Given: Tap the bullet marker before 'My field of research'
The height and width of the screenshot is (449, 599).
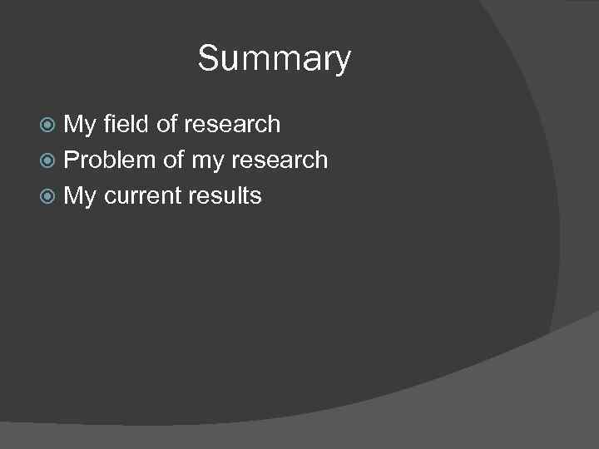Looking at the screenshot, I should click(48, 125).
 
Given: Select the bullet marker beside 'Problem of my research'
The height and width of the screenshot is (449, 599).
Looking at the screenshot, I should click(48, 160).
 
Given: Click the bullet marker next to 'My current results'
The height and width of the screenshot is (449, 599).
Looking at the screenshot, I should click(48, 196).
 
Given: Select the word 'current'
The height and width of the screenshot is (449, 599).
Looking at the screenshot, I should click(148, 196).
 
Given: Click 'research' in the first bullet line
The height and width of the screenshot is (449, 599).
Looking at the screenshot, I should click(232, 125).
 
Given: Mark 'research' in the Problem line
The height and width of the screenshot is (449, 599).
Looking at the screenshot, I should click(280, 160).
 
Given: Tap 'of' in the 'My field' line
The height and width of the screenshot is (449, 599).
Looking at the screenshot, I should click(166, 124).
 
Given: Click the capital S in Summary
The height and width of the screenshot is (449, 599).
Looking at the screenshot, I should click(208, 59).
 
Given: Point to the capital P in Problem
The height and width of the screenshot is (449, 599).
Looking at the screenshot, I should click(71, 160).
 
